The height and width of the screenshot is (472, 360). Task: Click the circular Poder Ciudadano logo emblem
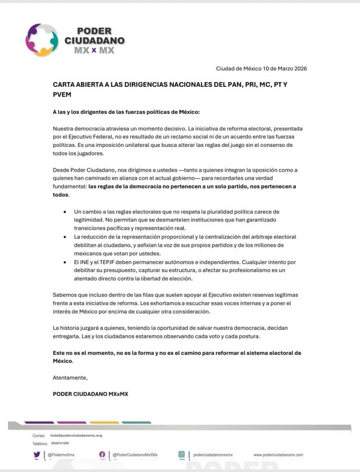point(42,40)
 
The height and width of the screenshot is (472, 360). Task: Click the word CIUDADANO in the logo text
point(95,41)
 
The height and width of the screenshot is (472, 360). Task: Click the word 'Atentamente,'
point(70,377)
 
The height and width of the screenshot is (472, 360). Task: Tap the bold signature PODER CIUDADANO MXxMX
point(90,394)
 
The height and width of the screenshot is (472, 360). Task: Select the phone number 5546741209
point(60,443)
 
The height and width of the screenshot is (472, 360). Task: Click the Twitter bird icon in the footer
point(37,454)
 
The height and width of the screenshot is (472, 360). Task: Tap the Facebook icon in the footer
point(102,454)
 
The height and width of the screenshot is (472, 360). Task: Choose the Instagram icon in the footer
point(181,454)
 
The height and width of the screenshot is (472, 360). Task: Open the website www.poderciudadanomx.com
point(278,455)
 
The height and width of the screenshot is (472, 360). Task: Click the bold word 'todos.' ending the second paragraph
point(61,195)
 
